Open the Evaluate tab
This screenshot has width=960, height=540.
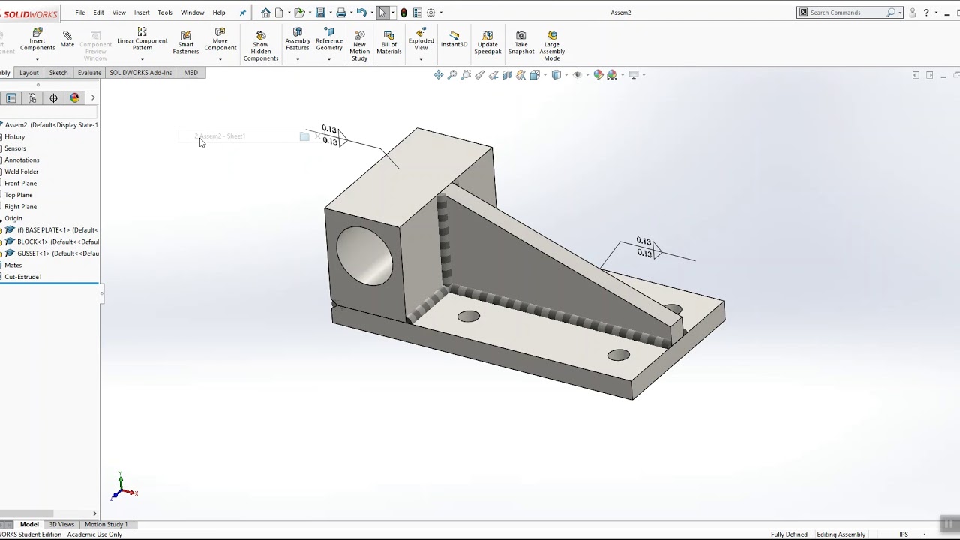(x=89, y=73)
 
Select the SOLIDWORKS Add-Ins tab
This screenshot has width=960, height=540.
(x=140, y=73)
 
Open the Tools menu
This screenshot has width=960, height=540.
(x=165, y=13)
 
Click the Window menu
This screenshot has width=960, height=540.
(x=192, y=13)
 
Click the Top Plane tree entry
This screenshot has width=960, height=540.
(x=19, y=195)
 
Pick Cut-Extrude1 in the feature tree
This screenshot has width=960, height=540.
(x=23, y=277)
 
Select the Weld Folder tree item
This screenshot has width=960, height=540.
(x=22, y=172)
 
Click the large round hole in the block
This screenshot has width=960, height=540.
(x=364, y=256)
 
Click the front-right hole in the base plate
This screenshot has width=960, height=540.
(x=619, y=355)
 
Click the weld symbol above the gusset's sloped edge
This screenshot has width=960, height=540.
(x=645, y=247)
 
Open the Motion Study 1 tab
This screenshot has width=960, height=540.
(x=106, y=524)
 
